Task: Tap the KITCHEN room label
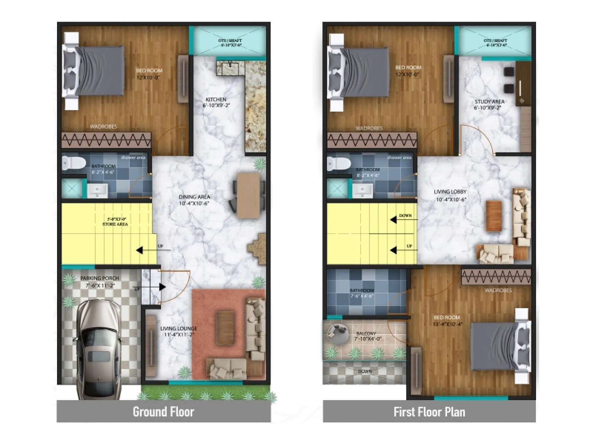coord(216,99)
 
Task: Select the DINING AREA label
coord(194,197)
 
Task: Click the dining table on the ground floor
coord(249,195)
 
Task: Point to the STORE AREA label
coord(115,224)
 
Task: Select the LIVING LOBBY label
coord(450,192)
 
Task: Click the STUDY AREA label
coord(489,102)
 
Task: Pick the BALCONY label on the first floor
coord(366,334)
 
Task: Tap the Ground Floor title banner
coord(163,412)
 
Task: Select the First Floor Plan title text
coord(429,412)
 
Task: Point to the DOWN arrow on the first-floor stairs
coord(394,220)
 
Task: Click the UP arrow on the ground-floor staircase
coord(140,250)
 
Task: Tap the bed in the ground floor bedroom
coord(95,70)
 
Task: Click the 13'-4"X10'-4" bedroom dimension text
coord(448,324)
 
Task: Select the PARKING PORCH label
coord(100,278)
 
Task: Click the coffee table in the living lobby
coord(494,216)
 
